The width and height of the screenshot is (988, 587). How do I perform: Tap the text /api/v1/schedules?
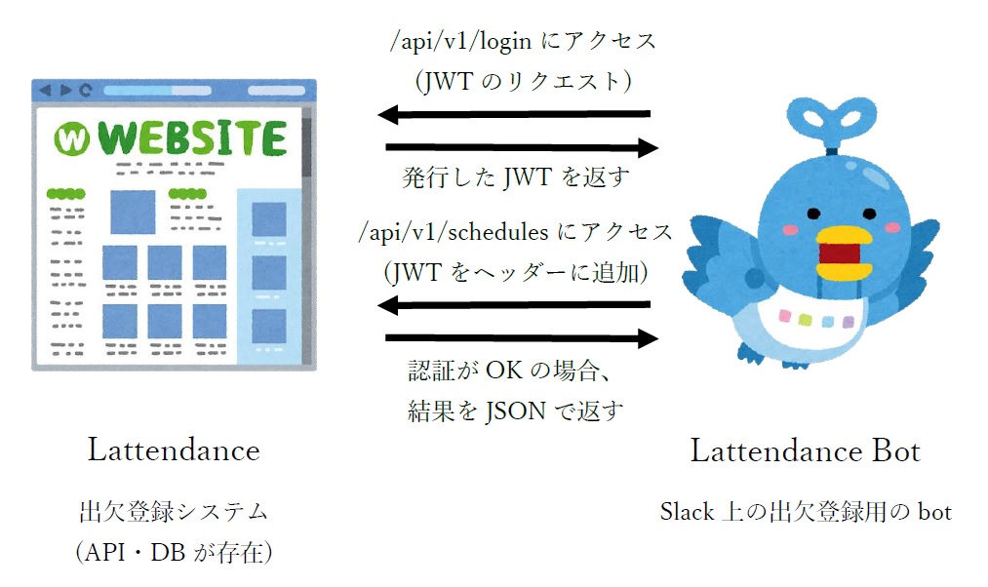click(454, 232)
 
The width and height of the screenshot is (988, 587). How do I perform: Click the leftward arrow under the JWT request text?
click(514, 115)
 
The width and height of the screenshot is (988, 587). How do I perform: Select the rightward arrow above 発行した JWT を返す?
click(522, 147)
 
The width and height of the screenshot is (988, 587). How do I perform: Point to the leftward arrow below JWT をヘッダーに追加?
click(514, 305)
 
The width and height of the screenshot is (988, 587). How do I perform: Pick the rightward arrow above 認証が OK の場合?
click(522, 338)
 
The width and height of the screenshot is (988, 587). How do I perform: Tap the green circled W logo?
click(71, 139)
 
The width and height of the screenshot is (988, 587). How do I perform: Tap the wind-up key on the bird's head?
click(831, 124)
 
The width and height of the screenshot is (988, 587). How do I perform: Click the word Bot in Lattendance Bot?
click(896, 450)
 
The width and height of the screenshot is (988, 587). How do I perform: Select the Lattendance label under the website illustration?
click(174, 450)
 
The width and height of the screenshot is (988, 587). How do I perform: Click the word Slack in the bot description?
click(687, 511)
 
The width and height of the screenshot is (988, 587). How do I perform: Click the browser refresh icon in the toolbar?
click(86, 90)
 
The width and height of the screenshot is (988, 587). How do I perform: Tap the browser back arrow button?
click(45, 90)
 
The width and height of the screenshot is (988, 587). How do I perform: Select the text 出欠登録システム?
click(175, 511)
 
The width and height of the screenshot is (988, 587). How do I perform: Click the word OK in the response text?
click(504, 371)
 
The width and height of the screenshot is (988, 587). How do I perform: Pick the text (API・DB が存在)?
click(174, 552)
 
